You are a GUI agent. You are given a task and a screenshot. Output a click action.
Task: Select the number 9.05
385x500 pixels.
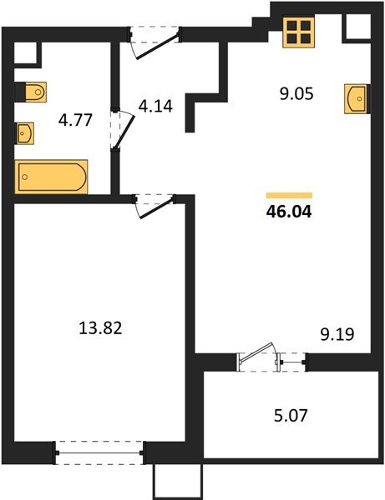coord(296,94)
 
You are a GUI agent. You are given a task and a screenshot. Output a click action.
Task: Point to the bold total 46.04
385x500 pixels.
coord(287,212)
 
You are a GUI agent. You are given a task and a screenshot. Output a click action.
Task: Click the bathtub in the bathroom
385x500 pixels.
coord(52,177)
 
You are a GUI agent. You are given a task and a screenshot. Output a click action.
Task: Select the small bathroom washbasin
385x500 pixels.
coord(27,132)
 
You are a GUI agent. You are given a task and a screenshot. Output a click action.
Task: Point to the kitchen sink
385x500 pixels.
coord(356,97)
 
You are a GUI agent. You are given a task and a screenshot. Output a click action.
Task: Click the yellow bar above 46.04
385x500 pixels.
coord(288,195)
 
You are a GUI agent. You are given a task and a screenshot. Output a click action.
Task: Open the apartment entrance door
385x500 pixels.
coord(155,41)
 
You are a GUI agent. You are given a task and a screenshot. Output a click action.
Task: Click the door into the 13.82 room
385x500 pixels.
coord(154,203)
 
